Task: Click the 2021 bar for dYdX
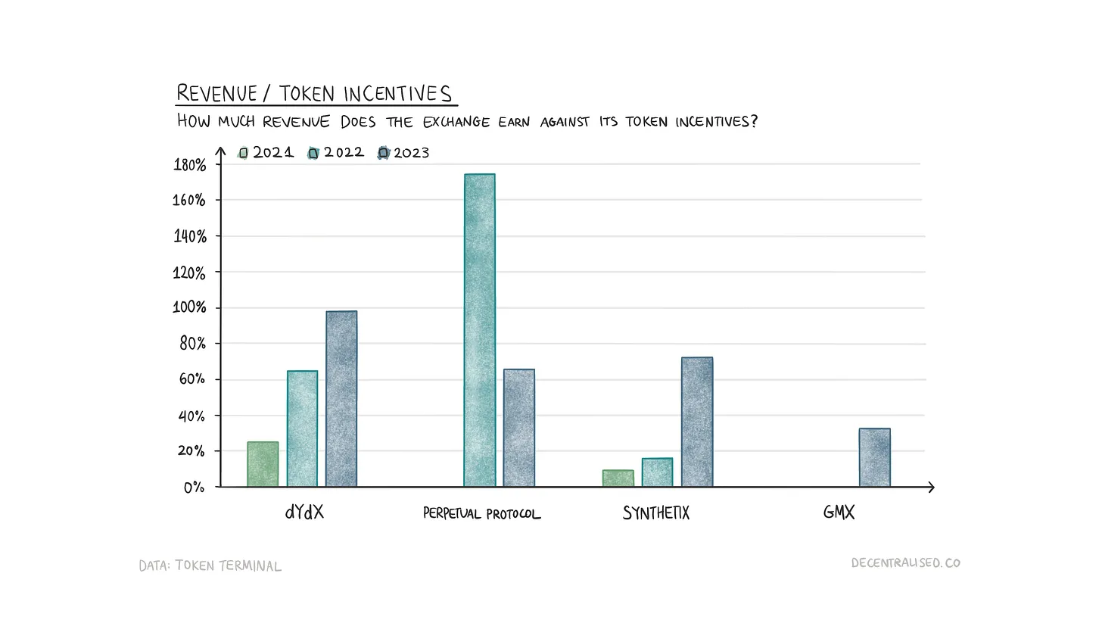(263, 464)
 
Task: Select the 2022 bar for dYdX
(302, 428)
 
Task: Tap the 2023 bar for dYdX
(341, 399)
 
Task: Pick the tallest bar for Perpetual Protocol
(480, 330)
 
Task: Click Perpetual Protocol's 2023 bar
(519, 428)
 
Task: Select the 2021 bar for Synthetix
(618, 478)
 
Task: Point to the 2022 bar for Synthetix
(657, 472)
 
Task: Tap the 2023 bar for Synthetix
(697, 422)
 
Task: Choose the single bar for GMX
(875, 457)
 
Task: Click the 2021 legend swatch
(243, 153)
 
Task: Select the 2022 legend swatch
(313, 153)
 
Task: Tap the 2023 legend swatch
(384, 153)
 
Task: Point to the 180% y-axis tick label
(189, 165)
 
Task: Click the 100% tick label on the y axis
(189, 308)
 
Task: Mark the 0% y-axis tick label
(194, 488)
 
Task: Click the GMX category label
(839, 513)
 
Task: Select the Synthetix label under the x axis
(656, 513)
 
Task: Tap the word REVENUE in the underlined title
(216, 94)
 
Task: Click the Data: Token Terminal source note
(210, 565)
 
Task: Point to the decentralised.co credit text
(905, 563)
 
